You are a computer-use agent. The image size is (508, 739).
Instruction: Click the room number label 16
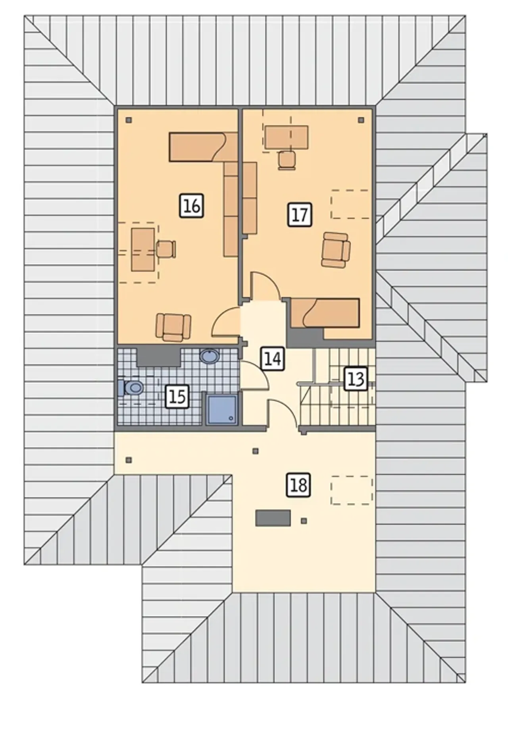click(x=192, y=206)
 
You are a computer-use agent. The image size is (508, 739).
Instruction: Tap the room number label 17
click(x=300, y=214)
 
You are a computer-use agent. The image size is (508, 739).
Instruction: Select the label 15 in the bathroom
click(x=177, y=396)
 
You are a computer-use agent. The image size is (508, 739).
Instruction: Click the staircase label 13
click(x=355, y=379)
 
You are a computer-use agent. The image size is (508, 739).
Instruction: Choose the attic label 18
click(x=298, y=485)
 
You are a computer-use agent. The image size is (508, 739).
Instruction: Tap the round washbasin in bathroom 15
click(x=209, y=356)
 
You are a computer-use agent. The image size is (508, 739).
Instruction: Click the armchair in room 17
click(x=336, y=250)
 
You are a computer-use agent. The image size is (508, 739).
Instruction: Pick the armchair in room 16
click(x=173, y=327)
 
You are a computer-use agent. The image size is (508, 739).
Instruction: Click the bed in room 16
click(x=204, y=147)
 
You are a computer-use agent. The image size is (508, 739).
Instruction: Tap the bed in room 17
click(x=325, y=313)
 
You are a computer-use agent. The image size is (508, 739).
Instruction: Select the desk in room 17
click(x=287, y=137)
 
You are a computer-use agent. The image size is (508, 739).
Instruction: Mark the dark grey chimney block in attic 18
click(x=273, y=518)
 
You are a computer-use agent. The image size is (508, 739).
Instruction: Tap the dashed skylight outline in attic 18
click(x=352, y=490)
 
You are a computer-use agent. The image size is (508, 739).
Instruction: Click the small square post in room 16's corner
click(x=129, y=120)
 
